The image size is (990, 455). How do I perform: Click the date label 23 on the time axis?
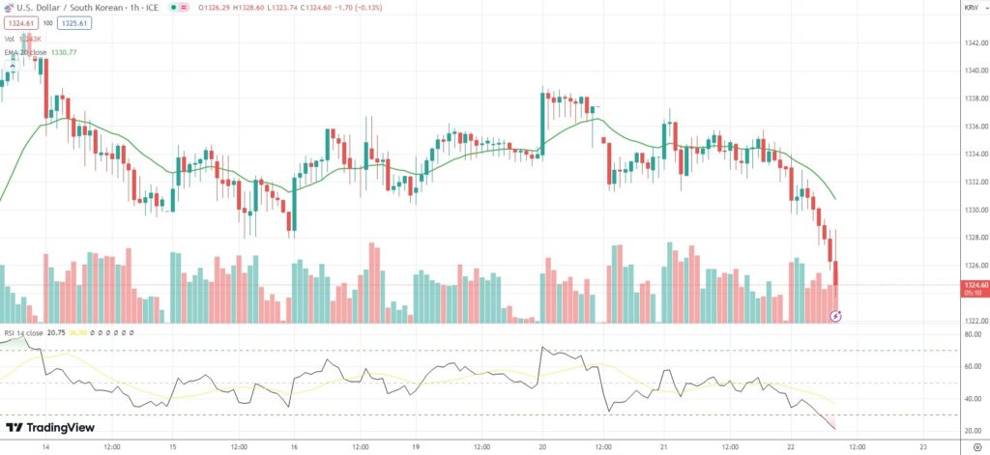click(923, 446)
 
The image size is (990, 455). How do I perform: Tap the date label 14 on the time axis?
click(46, 446)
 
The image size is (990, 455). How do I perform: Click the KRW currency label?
click(972, 8)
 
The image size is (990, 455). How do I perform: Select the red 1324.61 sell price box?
click(19, 22)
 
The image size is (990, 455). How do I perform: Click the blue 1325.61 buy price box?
click(73, 22)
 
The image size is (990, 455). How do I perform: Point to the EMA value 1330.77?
click(87, 53)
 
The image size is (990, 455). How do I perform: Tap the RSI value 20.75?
click(56, 332)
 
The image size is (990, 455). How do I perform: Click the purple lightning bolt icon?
click(837, 315)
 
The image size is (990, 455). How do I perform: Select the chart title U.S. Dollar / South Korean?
click(68, 8)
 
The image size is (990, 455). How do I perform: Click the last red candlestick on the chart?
click(835, 273)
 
